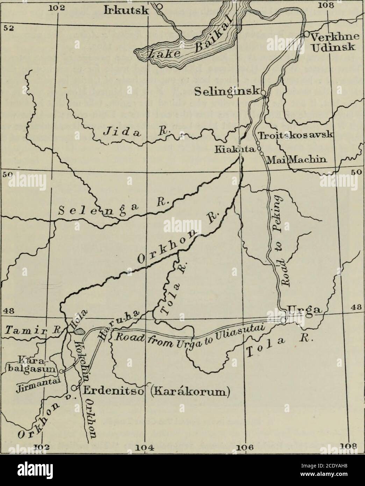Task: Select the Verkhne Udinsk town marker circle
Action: click(306, 34)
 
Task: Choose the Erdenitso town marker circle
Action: click(74, 387)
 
